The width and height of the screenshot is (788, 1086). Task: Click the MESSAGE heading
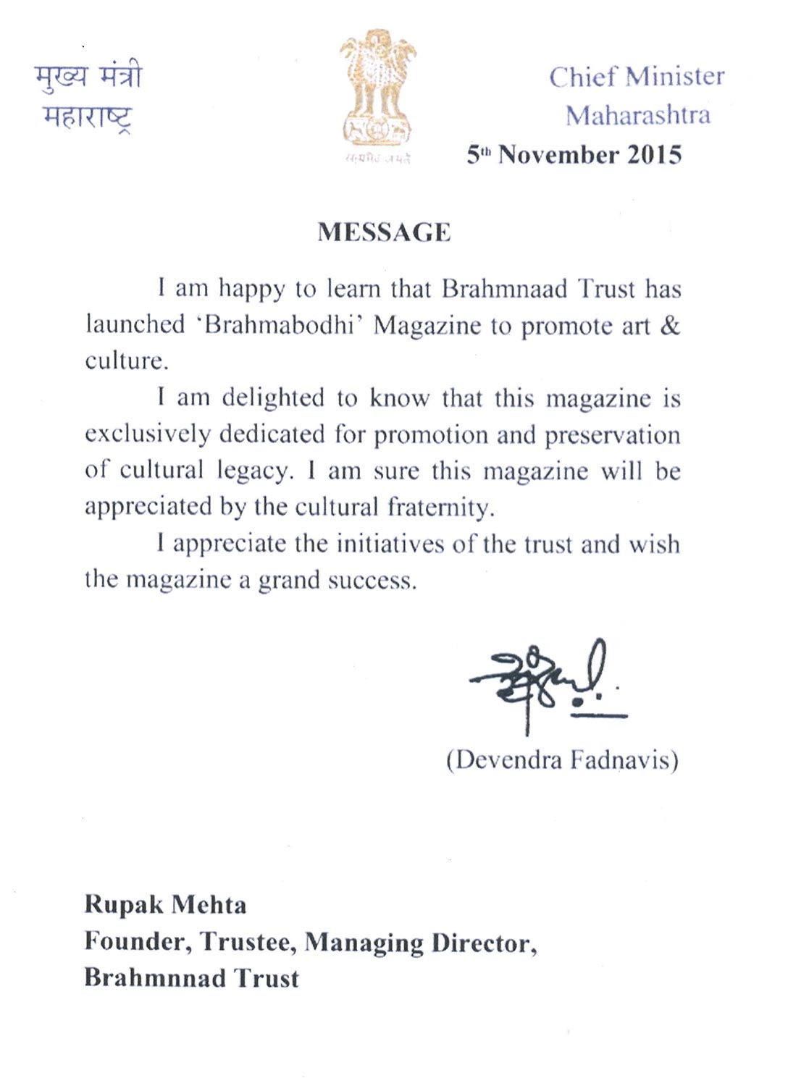(384, 232)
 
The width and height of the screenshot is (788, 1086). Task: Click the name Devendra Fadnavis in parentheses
(562, 759)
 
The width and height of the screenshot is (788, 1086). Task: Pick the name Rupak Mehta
(165, 904)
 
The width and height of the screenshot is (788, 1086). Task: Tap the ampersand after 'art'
(670, 325)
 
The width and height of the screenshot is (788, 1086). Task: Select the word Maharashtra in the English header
(637, 115)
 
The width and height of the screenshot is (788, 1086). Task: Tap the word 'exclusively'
(147, 434)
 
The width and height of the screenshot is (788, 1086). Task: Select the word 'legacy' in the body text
(255, 471)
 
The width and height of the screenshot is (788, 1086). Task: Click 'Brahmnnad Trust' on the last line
(191, 978)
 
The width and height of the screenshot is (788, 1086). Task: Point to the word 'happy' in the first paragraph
(252, 290)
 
